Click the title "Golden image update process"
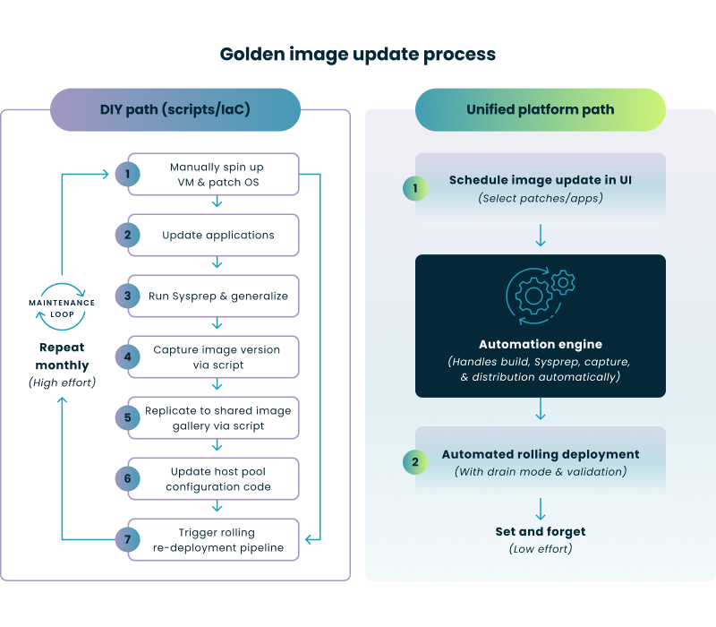358,55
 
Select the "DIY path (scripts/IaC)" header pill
175,109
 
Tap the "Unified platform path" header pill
540,109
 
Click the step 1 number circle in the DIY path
128,174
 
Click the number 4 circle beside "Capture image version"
128,356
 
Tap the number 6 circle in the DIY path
128,478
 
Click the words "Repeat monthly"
63,357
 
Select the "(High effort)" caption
63,382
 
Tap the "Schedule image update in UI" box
540,187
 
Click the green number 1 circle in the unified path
414,187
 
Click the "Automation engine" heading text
540,344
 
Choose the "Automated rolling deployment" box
540,462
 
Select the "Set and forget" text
540,531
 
